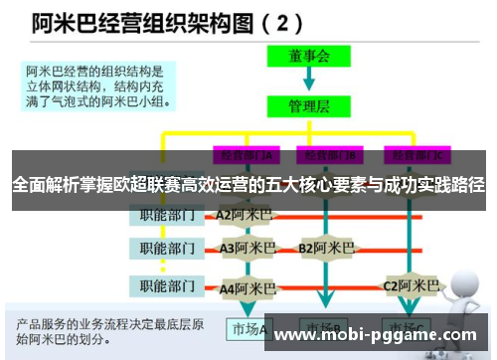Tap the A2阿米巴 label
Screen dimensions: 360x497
point(243,214)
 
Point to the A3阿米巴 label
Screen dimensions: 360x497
point(245,248)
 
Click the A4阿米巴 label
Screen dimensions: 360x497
point(245,288)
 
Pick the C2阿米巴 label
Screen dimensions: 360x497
point(411,285)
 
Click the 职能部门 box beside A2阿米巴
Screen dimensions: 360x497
point(165,214)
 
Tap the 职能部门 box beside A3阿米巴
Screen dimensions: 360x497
point(165,248)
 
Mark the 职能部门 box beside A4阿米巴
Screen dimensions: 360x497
point(165,288)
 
